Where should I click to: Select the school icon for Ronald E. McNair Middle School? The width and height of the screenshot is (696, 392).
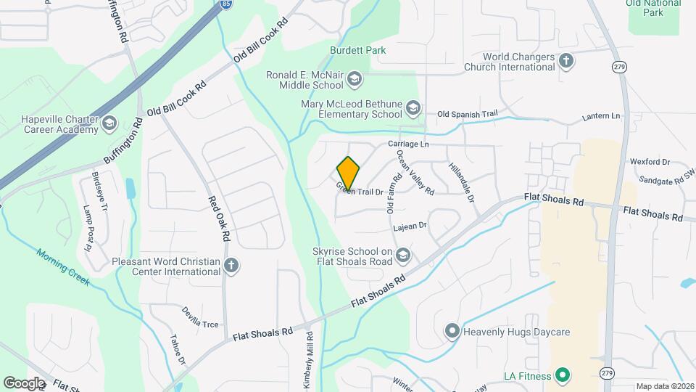click(355, 78)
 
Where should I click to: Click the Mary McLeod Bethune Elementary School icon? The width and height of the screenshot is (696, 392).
click(413, 109)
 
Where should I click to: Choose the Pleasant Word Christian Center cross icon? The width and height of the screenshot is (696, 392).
click(231, 266)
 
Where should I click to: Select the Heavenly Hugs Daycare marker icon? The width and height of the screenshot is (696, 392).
click(452, 332)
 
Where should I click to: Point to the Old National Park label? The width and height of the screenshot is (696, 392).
click(653, 8)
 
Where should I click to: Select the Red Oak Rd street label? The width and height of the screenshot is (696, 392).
click(219, 219)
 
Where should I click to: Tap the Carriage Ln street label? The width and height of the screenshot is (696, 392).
click(408, 144)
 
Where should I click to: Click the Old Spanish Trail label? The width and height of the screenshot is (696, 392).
click(468, 114)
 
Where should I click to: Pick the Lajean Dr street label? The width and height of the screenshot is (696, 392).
click(410, 226)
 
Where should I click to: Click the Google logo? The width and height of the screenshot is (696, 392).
click(24, 382)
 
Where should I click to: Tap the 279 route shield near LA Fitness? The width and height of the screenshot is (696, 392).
click(605, 373)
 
